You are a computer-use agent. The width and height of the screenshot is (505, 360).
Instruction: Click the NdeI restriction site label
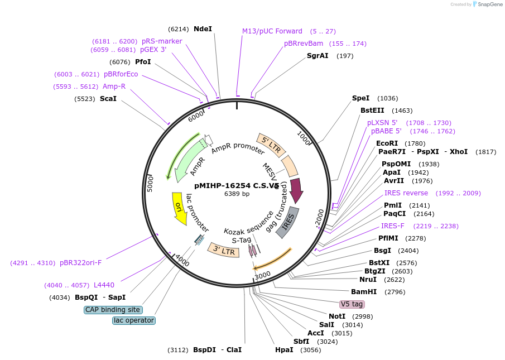point(203,29)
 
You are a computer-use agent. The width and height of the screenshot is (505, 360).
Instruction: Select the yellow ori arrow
point(179,209)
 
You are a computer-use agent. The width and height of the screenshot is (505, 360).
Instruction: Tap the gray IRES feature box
point(287,222)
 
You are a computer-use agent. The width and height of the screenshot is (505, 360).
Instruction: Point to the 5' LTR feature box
point(271,145)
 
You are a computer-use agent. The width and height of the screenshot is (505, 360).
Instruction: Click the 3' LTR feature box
point(224,250)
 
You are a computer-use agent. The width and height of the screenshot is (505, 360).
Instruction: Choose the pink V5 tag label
point(352,304)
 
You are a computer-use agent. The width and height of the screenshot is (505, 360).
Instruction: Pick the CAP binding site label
point(113,310)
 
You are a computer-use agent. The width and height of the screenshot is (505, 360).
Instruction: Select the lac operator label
point(134,320)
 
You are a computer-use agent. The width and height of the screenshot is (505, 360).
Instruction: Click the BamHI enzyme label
point(364,292)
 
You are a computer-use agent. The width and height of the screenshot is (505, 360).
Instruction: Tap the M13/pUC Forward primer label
point(272,31)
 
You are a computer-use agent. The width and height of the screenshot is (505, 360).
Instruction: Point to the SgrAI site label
point(318,56)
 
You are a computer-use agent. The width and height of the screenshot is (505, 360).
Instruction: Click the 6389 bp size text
point(237,194)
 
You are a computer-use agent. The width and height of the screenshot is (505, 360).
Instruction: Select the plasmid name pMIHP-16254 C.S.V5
point(237,186)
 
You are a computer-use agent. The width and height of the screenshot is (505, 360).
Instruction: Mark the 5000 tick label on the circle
point(150,184)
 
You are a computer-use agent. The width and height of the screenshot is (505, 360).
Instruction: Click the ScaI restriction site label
point(108,99)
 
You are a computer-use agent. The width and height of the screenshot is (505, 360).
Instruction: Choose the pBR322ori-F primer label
point(80,263)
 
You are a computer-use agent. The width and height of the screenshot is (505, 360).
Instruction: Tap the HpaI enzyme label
point(284,350)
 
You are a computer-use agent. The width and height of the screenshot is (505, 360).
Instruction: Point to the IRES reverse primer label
point(406,193)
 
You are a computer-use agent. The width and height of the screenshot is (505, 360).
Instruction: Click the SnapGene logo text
point(490,4)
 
